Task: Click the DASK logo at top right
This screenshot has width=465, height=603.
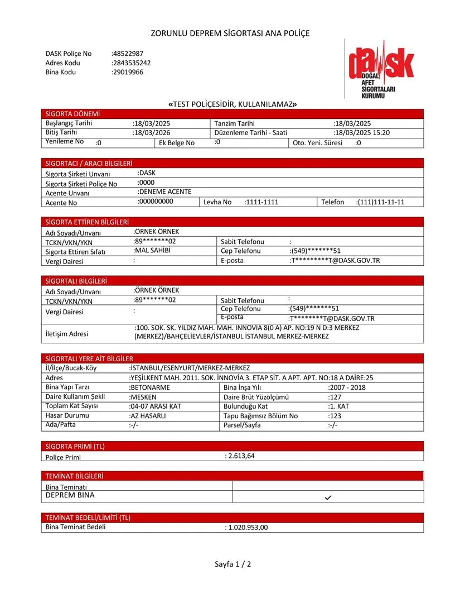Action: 381,69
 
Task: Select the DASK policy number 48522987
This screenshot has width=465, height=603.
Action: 128,54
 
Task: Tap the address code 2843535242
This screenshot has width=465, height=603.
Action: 132,63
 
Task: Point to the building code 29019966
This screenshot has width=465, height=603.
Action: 128,72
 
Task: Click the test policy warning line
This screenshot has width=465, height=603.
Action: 232,104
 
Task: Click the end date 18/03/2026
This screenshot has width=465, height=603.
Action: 152,133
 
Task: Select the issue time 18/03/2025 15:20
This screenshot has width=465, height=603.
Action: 362,133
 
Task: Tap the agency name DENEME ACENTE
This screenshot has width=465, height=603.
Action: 164,192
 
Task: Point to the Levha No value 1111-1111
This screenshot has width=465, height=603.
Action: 261,202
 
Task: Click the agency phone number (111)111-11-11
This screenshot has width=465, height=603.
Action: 380,202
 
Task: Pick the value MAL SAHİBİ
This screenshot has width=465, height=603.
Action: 152,250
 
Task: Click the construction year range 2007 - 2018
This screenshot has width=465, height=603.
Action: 347,387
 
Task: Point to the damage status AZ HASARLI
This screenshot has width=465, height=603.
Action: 148,416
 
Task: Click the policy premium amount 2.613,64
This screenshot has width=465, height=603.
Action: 240,456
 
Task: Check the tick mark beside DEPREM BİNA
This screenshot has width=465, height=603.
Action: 328,497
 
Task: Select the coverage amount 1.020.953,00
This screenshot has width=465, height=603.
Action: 247,527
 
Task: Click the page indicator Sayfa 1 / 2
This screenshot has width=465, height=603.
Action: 233,564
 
